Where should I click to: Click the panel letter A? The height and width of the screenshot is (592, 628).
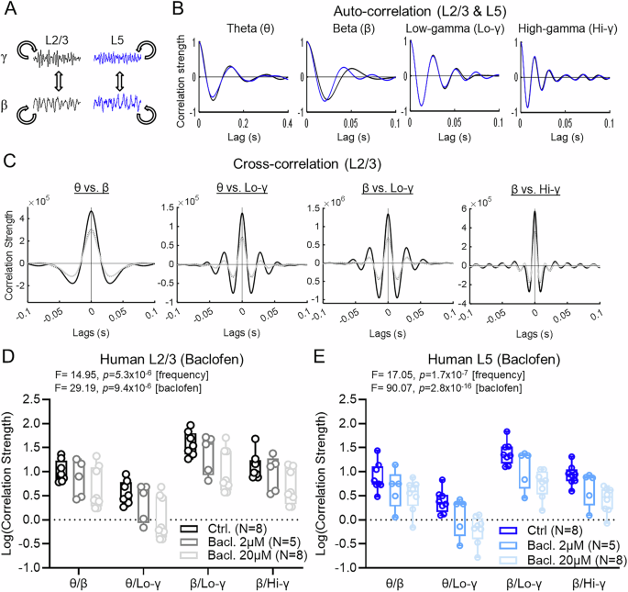coord(10,11)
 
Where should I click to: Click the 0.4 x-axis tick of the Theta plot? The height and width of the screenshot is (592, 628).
coord(288,122)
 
